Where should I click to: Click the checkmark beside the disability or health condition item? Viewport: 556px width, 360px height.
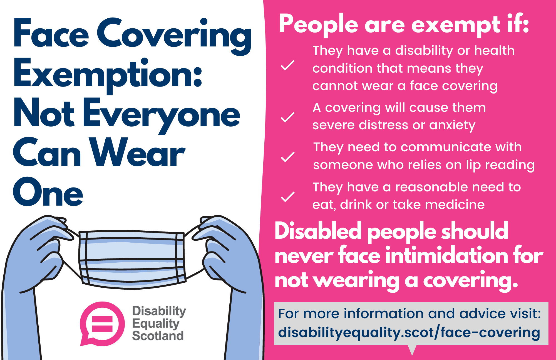coord(288,65)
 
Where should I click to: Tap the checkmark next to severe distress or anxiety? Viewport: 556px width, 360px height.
coord(288,117)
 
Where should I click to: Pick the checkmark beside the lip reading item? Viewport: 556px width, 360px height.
coord(288,157)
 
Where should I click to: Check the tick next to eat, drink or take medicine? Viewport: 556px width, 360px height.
coord(288,197)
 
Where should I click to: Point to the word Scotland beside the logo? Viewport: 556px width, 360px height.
coord(158,336)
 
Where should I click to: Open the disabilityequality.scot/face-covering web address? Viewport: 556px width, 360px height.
coord(409,333)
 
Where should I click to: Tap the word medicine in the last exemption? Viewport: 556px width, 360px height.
coord(455,204)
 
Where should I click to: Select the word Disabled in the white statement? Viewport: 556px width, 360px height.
coord(318,231)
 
